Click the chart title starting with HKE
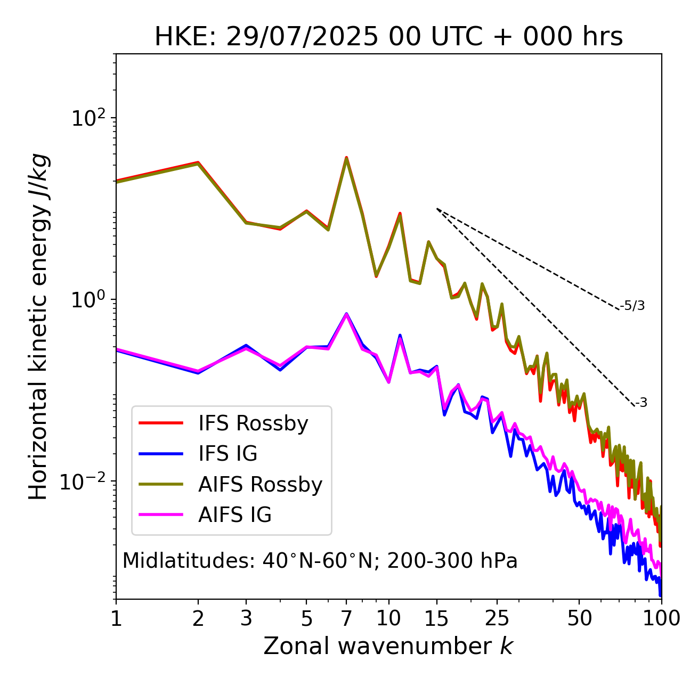(x=388, y=37)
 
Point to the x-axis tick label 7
(x=346, y=618)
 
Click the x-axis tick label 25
(x=497, y=618)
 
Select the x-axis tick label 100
(x=661, y=618)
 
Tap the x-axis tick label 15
(x=436, y=618)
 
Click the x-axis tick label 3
(x=246, y=618)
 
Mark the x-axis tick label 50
(x=579, y=618)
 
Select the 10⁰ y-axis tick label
(x=88, y=299)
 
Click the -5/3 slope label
(x=632, y=306)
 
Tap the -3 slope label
(x=641, y=403)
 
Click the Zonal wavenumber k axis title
(x=388, y=646)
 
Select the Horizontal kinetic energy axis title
(x=39, y=326)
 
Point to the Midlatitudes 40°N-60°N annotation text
(x=320, y=561)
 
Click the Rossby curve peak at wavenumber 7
(x=346, y=158)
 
